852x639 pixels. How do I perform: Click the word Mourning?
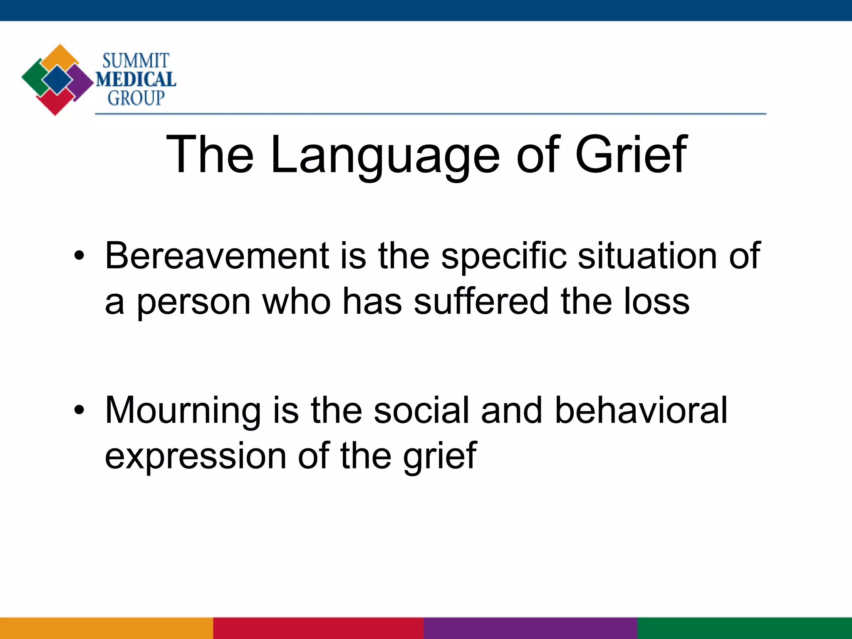[x=183, y=410]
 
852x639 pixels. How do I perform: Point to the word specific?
[x=504, y=256]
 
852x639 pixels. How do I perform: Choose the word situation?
[x=647, y=256]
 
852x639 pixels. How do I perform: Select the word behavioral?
[x=641, y=410]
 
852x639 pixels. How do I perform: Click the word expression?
[x=196, y=456]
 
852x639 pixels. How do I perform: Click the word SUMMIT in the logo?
[x=136, y=61]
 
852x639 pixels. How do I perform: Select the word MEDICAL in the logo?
[x=136, y=79]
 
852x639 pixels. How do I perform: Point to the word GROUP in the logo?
[x=136, y=98]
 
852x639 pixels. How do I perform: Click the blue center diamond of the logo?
[x=57, y=79]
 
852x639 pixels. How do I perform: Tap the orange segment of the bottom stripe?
[x=106, y=628]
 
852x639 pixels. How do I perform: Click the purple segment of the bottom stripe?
[x=530, y=628]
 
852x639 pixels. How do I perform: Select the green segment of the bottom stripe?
[x=745, y=628]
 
